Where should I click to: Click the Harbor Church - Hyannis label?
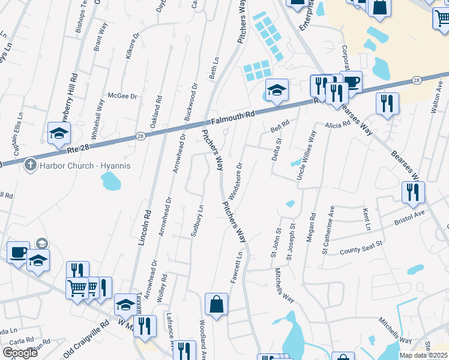[x=85, y=166]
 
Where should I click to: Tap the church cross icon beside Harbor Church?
[x=31, y=166]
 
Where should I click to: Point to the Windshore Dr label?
[x=235, y=180]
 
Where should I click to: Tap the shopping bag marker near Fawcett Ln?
[x=216, y=304]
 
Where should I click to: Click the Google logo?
[x=20, y=353]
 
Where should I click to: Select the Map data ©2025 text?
[x=424, y=355]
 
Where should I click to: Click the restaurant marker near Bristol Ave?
[x=414, y=192]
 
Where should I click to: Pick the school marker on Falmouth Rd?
[x=276, y=90]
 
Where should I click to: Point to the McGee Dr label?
[x=122, y=95]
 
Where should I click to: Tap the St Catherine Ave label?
[x=328, y=230]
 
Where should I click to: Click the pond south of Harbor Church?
[x=110, y=179]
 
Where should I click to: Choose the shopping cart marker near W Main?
[x=77, y=289]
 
